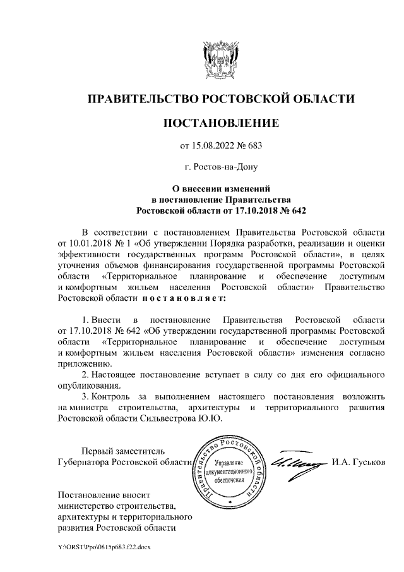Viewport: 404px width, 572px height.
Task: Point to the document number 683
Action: pos(253,146)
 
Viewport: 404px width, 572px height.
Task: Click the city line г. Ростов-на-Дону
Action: pos(220,167)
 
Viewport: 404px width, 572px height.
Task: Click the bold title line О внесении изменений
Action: pos(220,188)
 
